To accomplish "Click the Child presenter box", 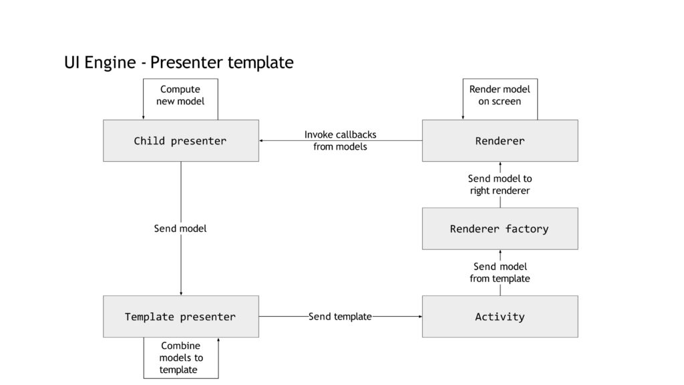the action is [181, 140].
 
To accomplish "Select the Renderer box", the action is [500, 140].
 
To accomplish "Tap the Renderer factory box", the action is [500, 229].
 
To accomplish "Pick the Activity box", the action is [500, 316].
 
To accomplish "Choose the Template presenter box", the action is [181, 316].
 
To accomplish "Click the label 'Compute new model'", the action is [180, 95].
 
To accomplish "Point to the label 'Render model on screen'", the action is [500, 95].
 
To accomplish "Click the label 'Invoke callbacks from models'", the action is [340, 140].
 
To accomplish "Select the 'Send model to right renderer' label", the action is [500, 184].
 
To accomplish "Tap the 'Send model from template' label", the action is [500, 273].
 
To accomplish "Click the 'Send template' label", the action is [340, 316].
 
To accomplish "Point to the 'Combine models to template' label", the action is [180, 358].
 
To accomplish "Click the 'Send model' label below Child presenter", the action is [180, 229].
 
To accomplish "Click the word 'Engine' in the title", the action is [110, 63].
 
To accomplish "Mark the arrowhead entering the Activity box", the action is [421, 316].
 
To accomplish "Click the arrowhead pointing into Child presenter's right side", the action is [261, 140].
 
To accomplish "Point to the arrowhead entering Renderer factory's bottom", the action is [500, 252].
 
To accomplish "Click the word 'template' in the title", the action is [261, 63].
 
